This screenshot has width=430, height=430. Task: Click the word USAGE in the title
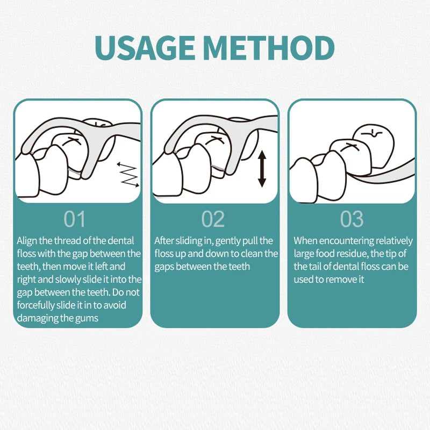point(144,48)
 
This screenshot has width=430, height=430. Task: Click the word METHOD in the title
point(269,48)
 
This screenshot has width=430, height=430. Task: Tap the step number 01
point(74,219)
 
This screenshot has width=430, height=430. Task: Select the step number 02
point(213,219)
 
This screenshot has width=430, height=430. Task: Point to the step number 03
point(352,219)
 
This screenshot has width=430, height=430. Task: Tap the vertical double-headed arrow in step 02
point(262,169)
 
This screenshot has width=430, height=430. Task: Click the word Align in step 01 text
point(27,241)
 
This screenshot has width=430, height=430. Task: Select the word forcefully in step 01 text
point(35,305)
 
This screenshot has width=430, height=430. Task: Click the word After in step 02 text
point(164,241)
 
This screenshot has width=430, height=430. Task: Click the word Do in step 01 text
point(118,292)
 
